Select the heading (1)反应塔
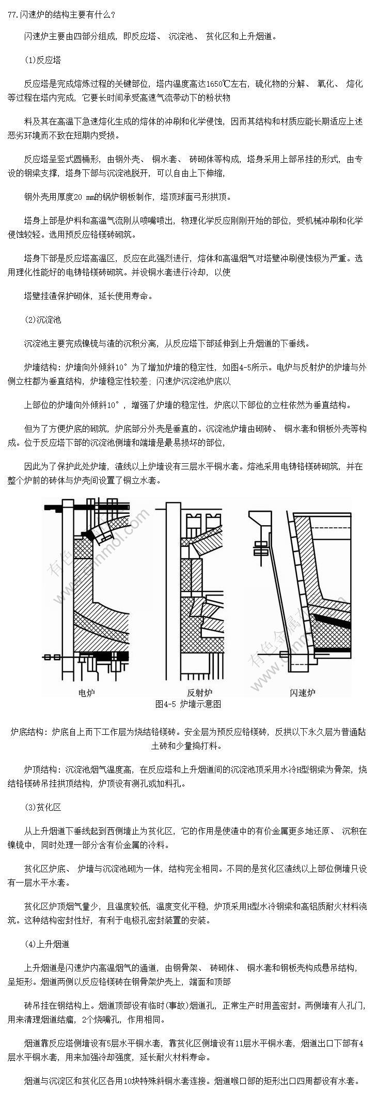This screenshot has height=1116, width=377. (42, 60)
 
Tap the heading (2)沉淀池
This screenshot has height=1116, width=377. (42, 320)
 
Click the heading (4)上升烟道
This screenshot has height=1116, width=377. (46, 944)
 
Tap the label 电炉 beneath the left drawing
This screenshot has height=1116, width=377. (86, 691)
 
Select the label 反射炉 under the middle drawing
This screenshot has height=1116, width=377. (199, 692)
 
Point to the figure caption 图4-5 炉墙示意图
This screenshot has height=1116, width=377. (188, 704)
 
